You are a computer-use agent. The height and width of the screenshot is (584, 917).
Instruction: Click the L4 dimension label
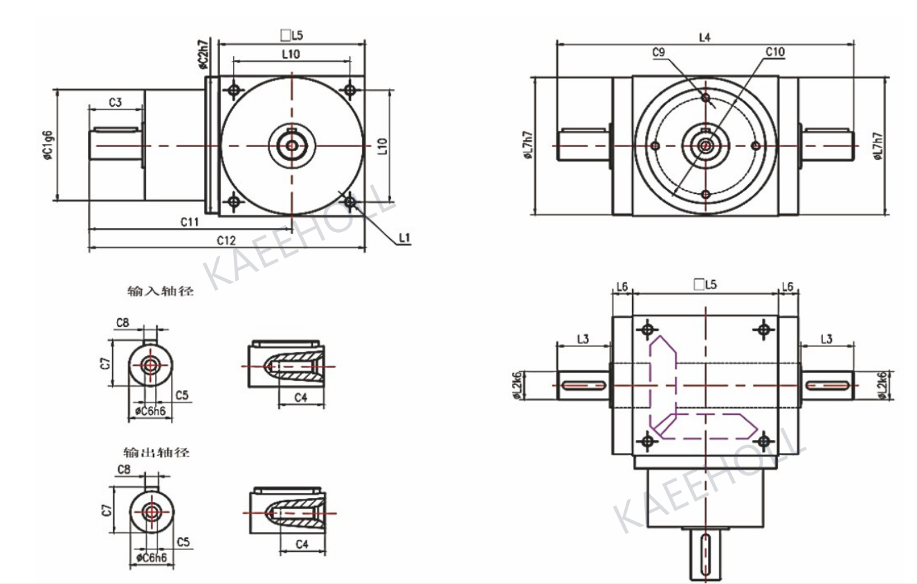(705, 37)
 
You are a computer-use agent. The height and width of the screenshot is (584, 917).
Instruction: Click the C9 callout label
(659, 52)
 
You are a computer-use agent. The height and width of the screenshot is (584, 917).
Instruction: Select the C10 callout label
(774, 52)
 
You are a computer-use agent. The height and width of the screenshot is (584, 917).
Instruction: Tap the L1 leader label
(405, 238)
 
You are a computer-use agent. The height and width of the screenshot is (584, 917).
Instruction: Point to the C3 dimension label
(116, 103)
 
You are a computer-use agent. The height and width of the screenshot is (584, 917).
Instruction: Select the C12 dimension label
(226, 240)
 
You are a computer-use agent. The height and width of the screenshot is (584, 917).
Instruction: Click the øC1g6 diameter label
(47, 145)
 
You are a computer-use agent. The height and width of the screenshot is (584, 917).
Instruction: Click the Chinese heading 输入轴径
(158, 292)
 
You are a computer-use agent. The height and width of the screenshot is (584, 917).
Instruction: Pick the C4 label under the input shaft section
(301, 397)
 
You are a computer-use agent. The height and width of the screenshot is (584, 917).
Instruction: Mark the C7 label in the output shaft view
(105, 511)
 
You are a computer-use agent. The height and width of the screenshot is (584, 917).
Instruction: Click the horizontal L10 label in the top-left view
(290, 53)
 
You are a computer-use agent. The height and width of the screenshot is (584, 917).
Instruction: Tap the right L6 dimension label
(787, 286)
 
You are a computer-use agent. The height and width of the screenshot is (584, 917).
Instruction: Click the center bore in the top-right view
(705, 145)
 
